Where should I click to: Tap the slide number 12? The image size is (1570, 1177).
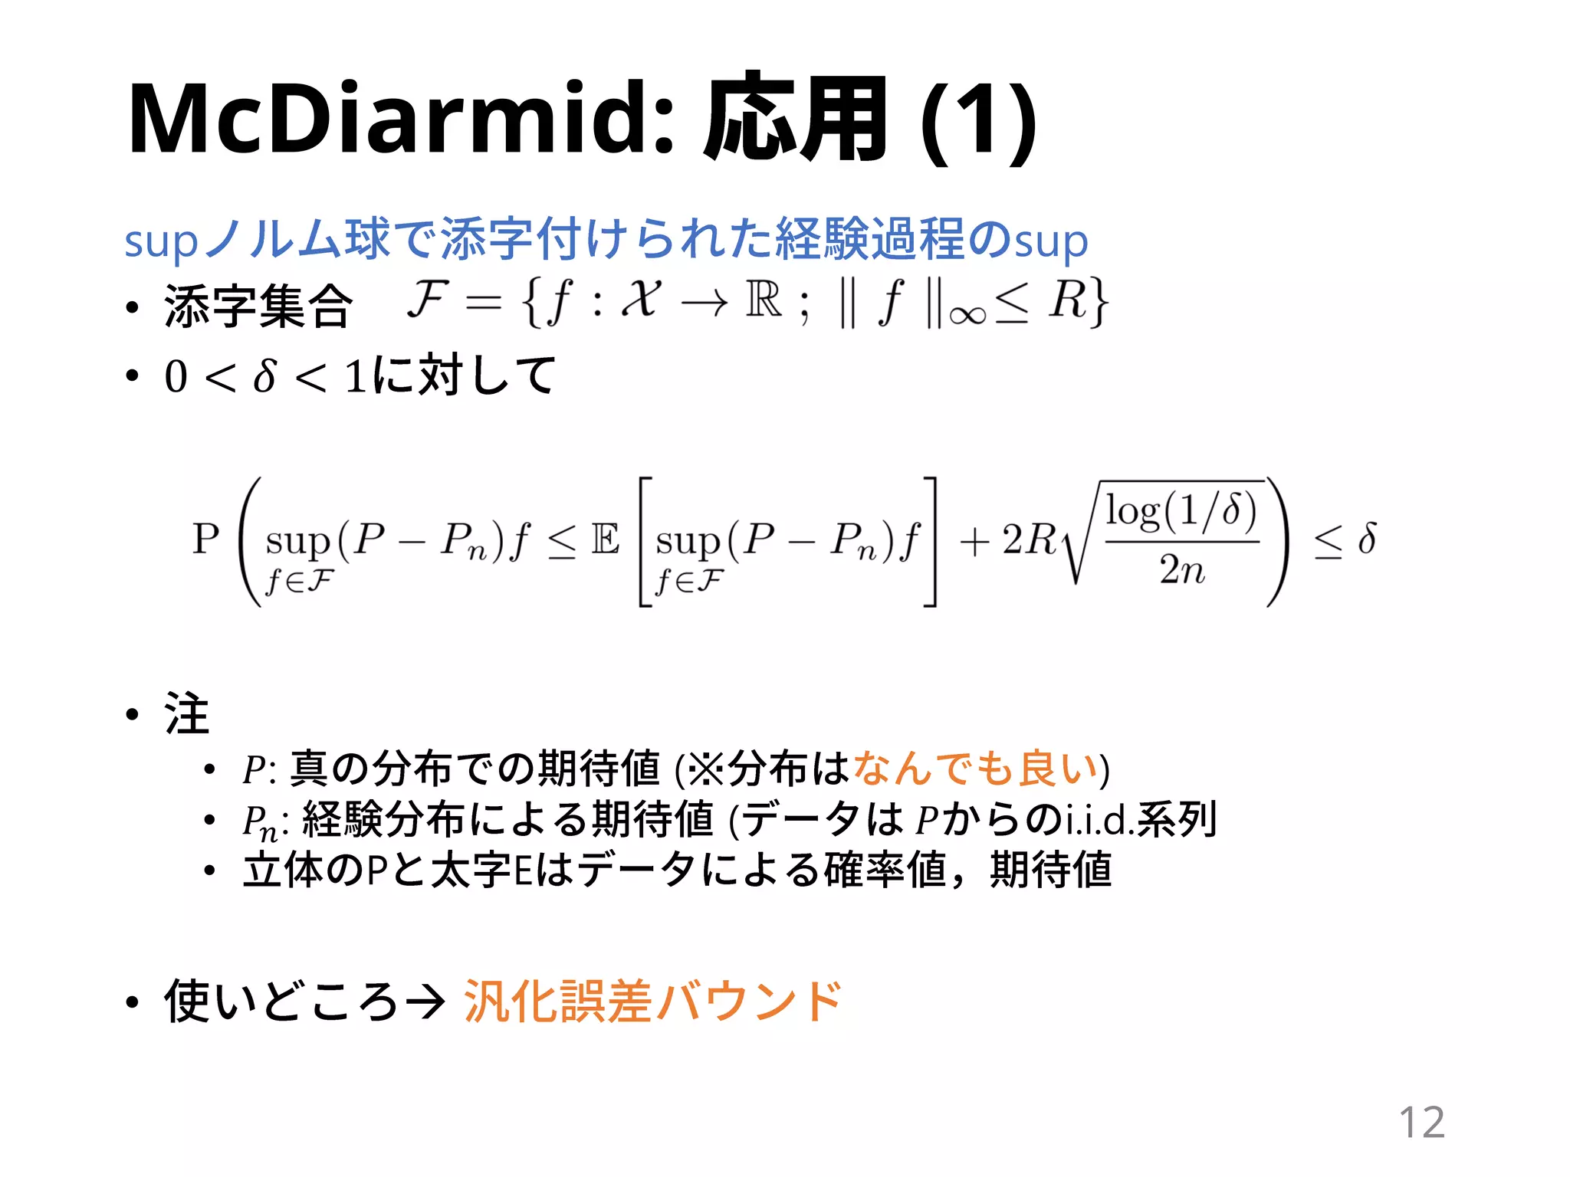coord(1421,1123)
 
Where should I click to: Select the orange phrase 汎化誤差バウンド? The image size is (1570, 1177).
coord(652,1001)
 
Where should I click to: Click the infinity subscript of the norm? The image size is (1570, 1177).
coord(967,315)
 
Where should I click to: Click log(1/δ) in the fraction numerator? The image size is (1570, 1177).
coord(1181,510)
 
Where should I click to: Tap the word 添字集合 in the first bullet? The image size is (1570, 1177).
coord(258,306)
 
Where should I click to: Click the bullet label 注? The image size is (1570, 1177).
coord(186,713)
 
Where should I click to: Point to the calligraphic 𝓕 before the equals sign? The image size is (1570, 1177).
coord(428,298)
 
